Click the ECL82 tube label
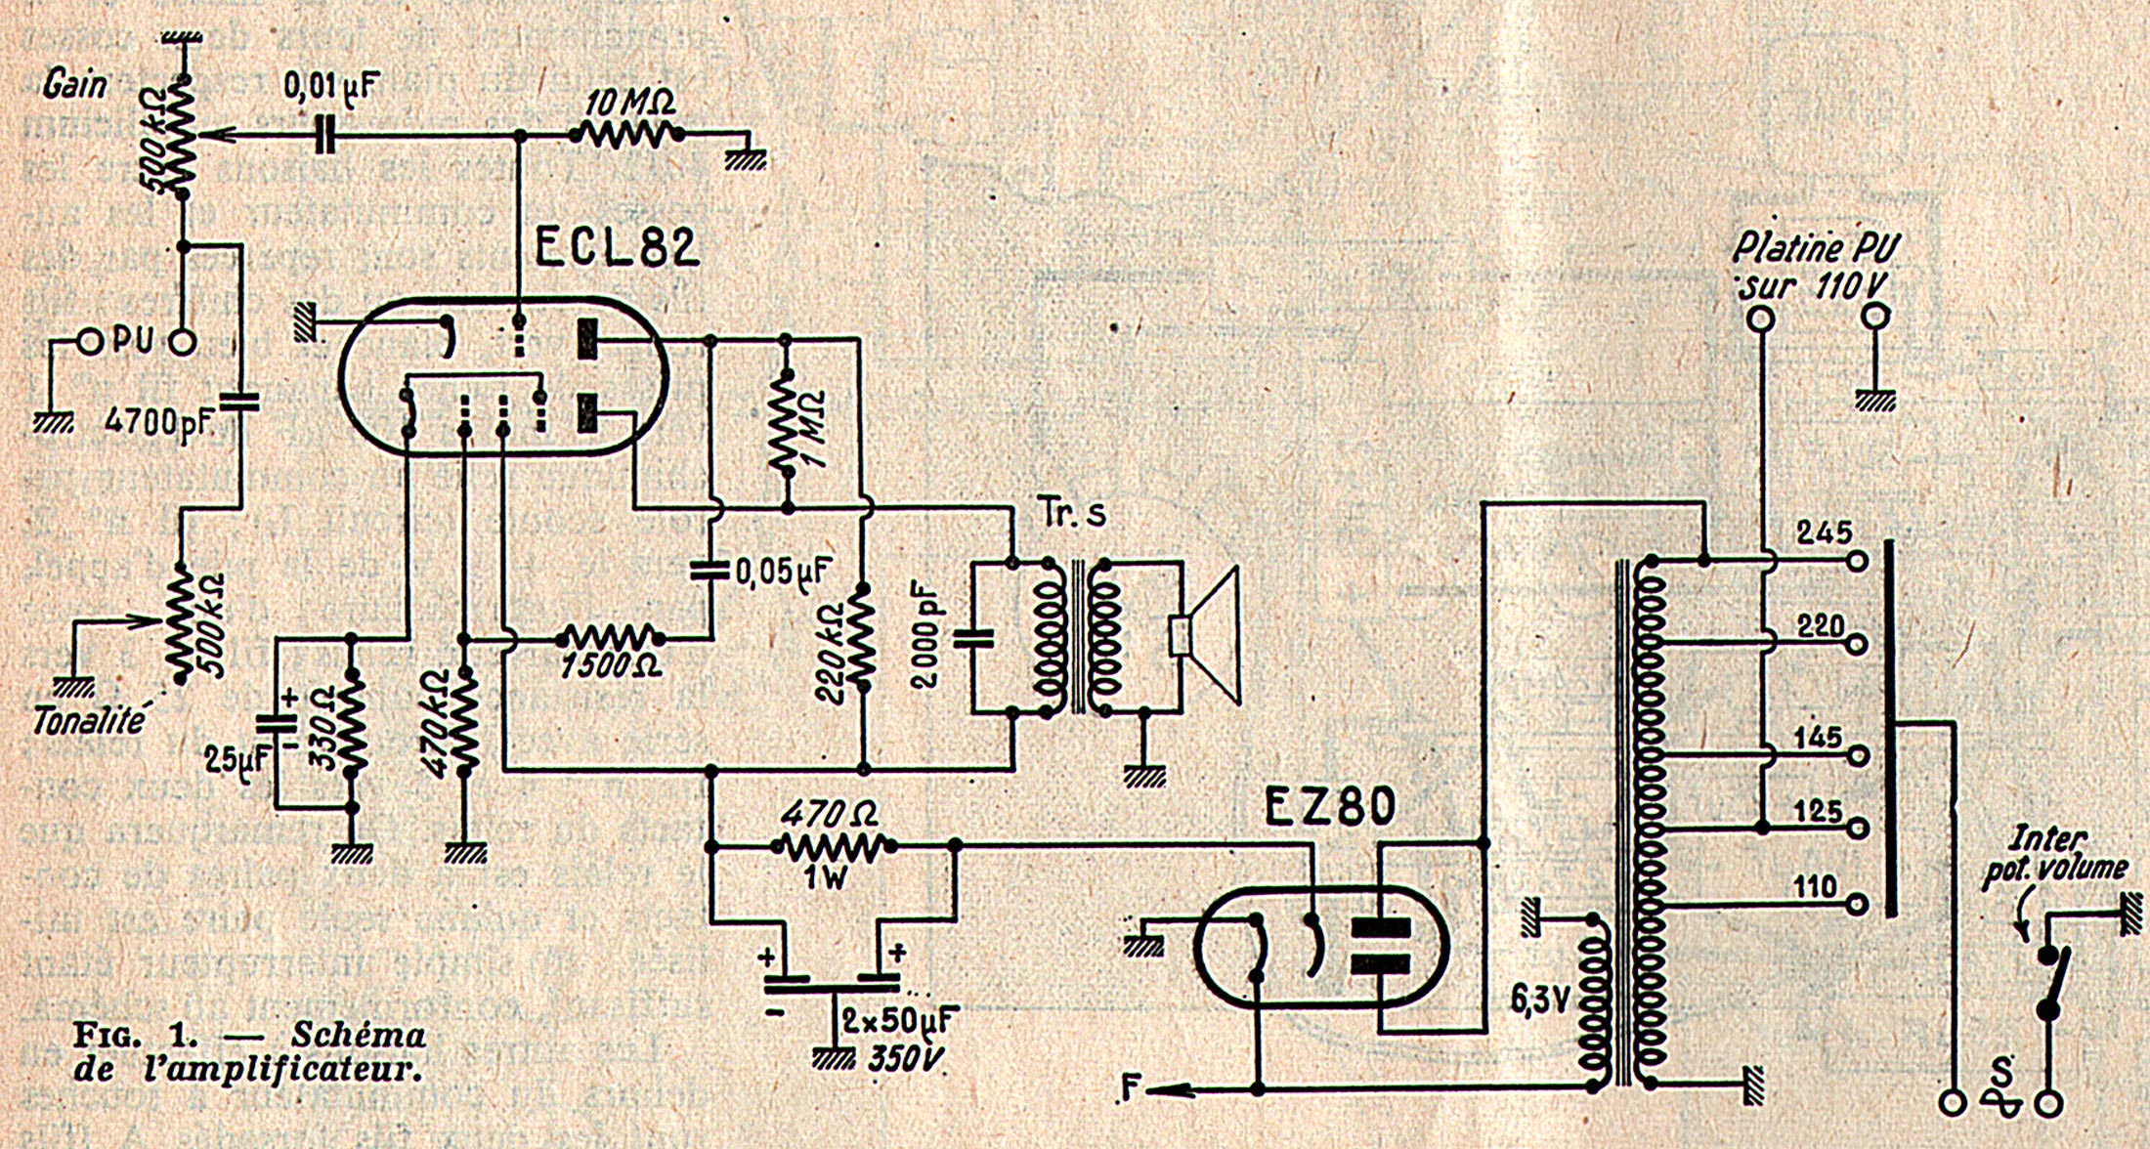[617, 246]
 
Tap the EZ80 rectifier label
[1330, 808]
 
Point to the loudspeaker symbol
[1207, 636]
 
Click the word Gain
[74, 86]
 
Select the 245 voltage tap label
[1824, 532]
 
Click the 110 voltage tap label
[1816, 886]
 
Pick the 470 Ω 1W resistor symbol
[830, 845]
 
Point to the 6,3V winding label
[1540, 999]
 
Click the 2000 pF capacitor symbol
[973, 639]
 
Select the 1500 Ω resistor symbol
[611, 639]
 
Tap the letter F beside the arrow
[1131, 1087]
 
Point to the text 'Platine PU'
[1815, 250]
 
